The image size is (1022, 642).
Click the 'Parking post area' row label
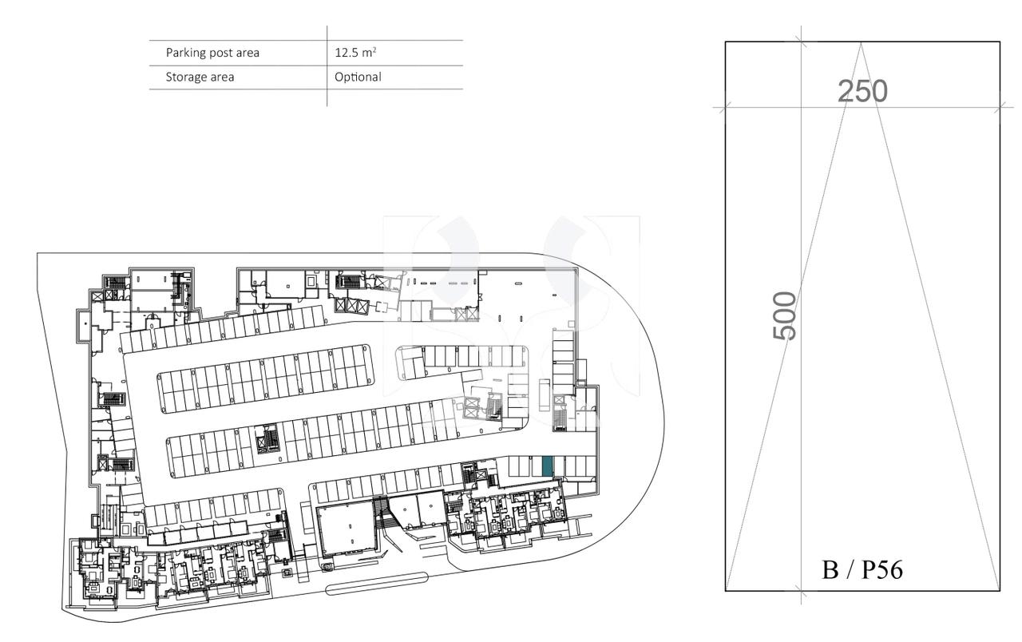[x=212, y=53]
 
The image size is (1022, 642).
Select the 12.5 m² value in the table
[x=356, y=53]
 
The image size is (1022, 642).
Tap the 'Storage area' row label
[x=200, y=77]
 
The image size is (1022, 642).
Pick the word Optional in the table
[x=358, y=77]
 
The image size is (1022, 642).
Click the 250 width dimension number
[x=862, y=92]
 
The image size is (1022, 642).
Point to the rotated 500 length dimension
[x=786, y=315]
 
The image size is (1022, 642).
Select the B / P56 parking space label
[x=862, y=570]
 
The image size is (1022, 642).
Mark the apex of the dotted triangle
[x=862, y=43]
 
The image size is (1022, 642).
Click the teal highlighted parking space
[x=546, y=466]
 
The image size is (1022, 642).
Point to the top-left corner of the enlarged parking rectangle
[x=726, y=42]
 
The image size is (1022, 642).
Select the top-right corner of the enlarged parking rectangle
[x=1000, y=42]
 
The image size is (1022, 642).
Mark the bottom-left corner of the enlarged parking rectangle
[x=726, y=591]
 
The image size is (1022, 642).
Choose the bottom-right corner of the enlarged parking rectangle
[x=1000, y=591]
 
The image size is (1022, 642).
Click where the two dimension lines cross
[x=802, y=107]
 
